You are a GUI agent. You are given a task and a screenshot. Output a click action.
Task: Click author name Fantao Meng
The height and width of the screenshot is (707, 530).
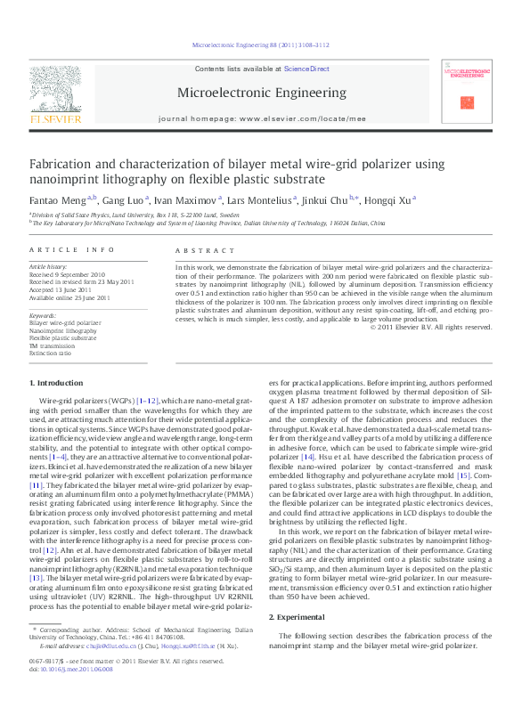tap(58, 199)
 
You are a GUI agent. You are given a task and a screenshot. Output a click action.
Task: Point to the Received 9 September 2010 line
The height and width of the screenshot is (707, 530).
tap(68, 275)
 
